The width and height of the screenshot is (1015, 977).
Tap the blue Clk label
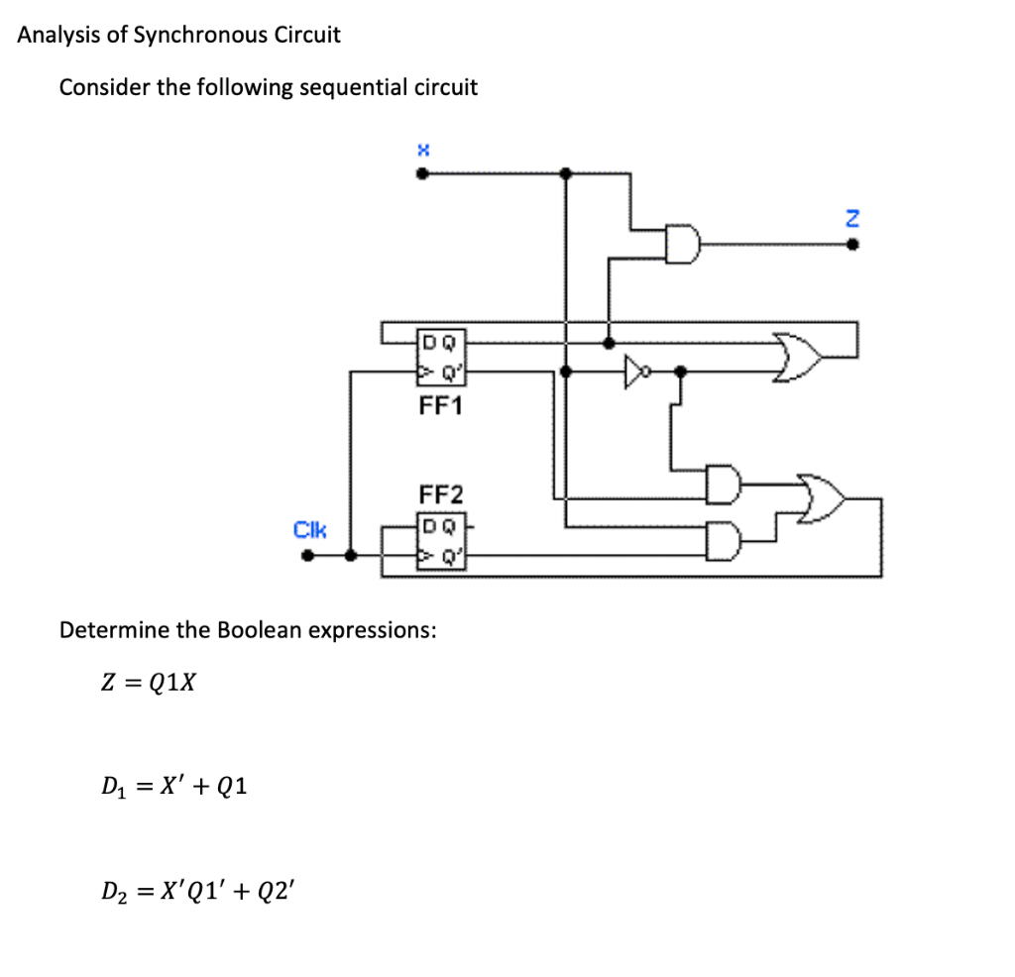click(309, 530)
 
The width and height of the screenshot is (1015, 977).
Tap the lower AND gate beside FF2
click(723, 540)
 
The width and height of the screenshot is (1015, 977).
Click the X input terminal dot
click(422, 174)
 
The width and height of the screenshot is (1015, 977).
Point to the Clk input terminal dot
click(308, 556)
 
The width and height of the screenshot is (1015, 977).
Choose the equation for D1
click(174, 787)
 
